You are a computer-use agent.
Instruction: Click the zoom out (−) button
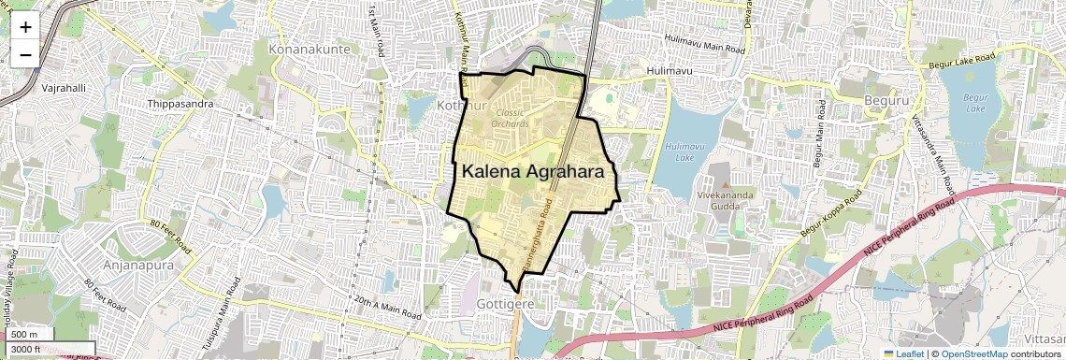[x=25, y=54]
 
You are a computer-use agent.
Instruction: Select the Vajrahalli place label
[x=64, y=87]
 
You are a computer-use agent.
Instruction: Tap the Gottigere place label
[x=505, y=305]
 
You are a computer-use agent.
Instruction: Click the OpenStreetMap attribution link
[x=973, y=353]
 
